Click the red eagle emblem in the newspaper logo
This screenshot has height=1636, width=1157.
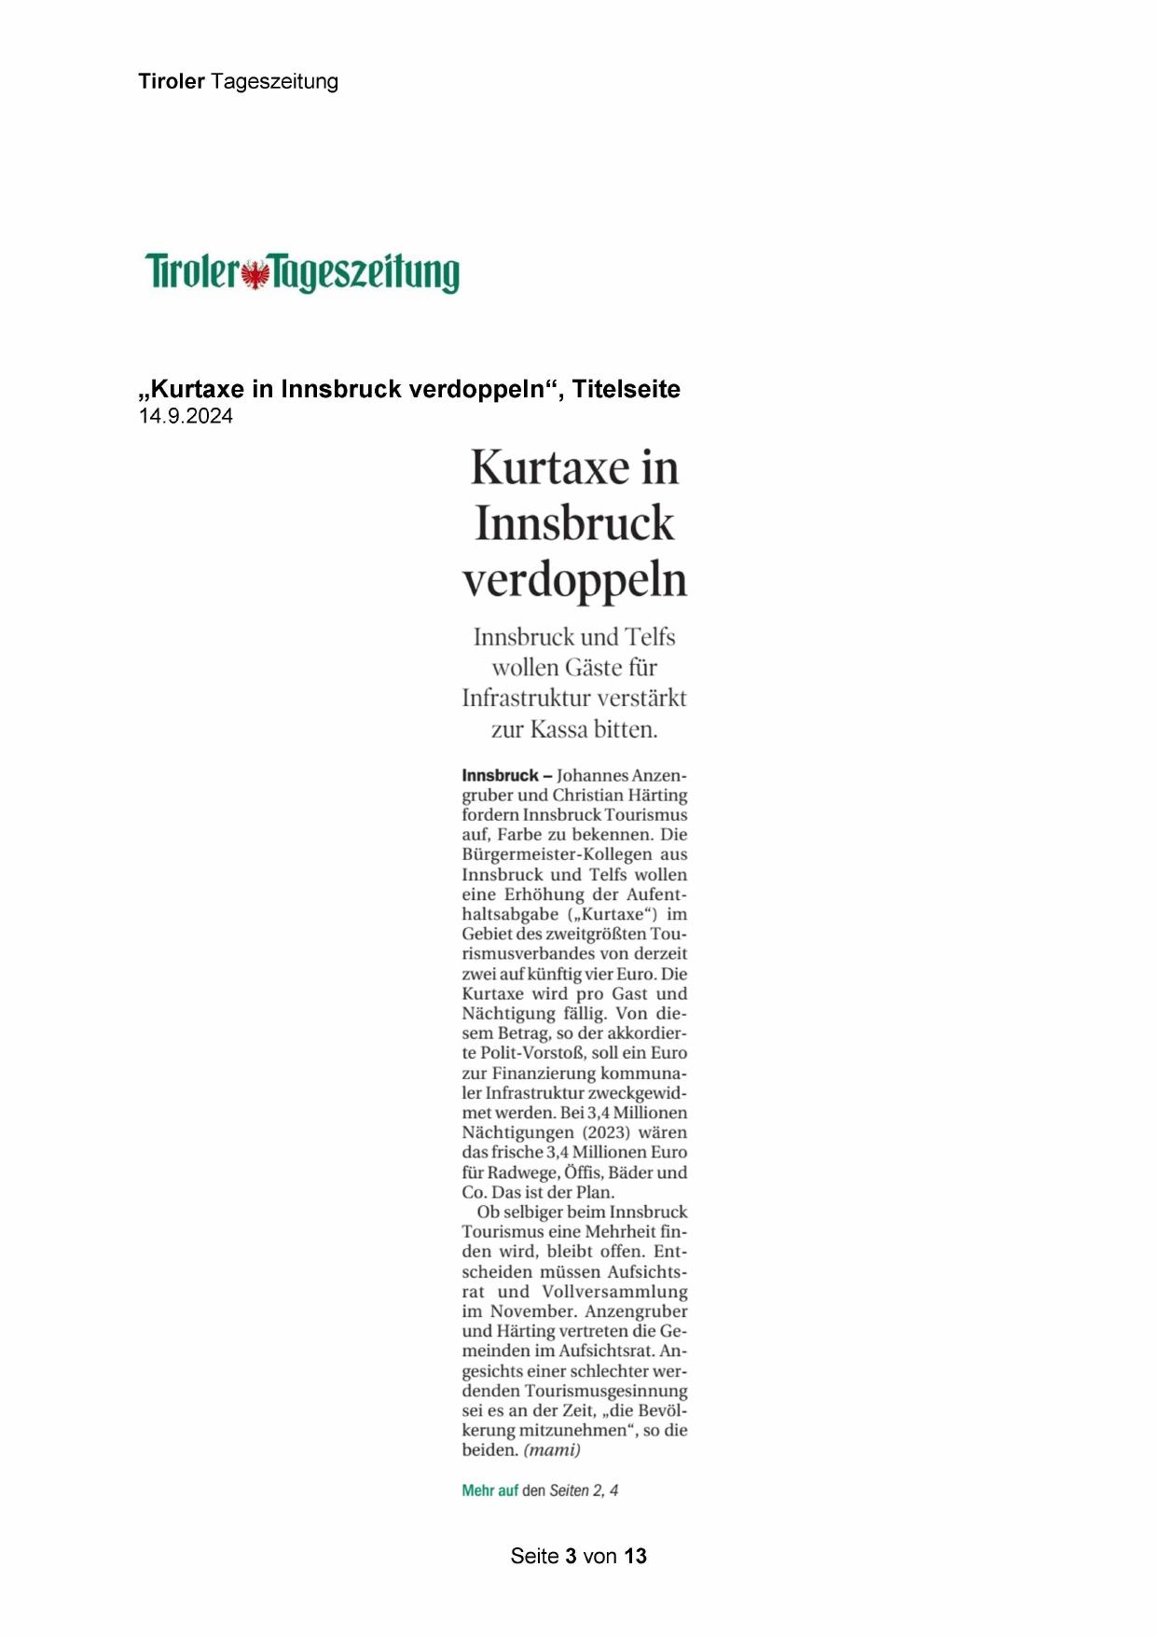coord(255,274)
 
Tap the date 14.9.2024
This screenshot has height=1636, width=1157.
coord(186,416)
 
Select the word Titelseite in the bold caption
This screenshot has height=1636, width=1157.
coord(626,389)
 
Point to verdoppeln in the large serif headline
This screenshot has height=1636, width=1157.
coord(575,579)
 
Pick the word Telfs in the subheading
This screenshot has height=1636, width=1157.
coord(650,637)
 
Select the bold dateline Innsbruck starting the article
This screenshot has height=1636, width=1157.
coord(500,775)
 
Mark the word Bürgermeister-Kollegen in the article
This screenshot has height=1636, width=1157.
coord(557,854)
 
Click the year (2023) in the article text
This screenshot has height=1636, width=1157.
coord(607,1132)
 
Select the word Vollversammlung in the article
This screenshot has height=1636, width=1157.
coord(614,1292)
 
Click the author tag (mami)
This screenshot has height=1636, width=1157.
coord(552,1450)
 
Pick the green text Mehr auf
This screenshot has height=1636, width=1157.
coord(489,1490)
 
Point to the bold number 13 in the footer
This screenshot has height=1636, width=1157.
coord(636,1556)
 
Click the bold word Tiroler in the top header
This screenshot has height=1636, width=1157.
coord(172,81)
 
